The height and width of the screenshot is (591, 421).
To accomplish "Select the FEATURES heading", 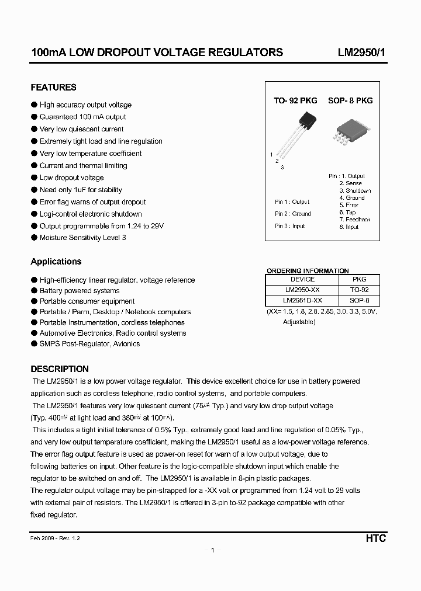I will pyautogui.click(x=53, y=88).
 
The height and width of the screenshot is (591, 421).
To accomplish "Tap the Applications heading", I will pyautogui.click(x=56, y=262).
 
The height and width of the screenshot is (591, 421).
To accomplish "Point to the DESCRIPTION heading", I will pyautogui.click(x=60, y=369).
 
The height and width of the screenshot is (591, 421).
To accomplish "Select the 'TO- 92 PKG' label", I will pyautogui.click(x=295, y=100).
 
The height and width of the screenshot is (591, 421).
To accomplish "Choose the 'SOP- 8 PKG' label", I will pyautogui.click(x=350, y=100).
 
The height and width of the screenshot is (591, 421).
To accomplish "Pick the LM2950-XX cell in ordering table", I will pyautogui.click(x=303, y=290).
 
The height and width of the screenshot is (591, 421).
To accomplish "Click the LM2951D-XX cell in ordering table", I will pyautogui.click(x=303, y=300).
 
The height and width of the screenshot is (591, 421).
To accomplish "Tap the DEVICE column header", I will pyautogui.click(x=303, y=279).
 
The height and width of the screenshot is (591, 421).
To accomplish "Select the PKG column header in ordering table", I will pyautogui.click(x=360, y=279).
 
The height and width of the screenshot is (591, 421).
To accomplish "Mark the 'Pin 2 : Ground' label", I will pyautogui.click(x=293, y=214).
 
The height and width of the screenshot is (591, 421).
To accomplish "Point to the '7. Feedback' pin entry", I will pyautogui.click(x=355, y=220).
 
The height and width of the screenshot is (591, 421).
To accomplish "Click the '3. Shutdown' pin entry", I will pyautogui.click(x=355, y=190).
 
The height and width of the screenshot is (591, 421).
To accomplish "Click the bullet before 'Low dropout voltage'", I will pyautogui.click(x=34, y=178).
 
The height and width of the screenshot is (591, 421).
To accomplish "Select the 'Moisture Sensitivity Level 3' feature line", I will pyautogui.click(x=82, y=238).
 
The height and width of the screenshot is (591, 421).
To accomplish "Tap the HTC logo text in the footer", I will pyautogui.click(x=375, y=538).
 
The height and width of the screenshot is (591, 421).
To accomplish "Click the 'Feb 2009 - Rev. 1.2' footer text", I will pyautogui.click(x=56, y=538).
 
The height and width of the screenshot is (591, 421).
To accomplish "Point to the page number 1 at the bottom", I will pyautogui.click(x=213, y=550).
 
